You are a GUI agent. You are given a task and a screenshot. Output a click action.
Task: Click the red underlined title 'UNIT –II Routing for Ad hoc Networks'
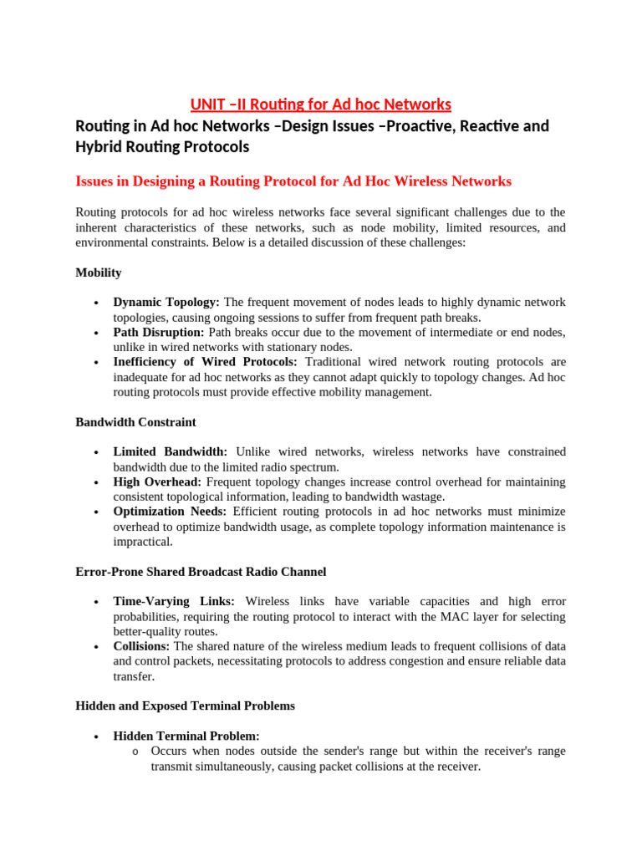click(x=320, y=104)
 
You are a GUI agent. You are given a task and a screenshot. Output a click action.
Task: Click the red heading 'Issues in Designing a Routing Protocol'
click(x=293, y=181)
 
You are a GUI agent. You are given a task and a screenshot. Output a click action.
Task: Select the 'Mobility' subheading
click(x=99, y=273)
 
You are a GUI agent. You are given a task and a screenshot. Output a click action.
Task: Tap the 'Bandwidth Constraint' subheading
click(x=135, y=422)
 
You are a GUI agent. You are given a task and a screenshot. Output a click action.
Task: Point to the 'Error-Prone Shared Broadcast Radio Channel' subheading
click(x=201, y=572)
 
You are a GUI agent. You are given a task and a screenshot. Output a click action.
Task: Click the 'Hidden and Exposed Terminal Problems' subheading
click(x=185, y=706)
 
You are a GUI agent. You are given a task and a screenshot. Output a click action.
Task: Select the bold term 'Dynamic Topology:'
click(x=166, y=302)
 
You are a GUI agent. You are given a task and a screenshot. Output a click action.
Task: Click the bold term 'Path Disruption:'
click(x=159, y=332)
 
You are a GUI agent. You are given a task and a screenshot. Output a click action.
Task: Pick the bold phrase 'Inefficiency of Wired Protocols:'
click(x=205, y=362)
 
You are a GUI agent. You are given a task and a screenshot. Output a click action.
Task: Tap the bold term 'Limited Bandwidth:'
click(x=170, y=451)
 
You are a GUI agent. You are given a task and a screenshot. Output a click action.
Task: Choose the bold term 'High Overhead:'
click(x=158, y=481)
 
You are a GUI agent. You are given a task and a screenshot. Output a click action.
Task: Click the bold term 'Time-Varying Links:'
click(x=174, y=601)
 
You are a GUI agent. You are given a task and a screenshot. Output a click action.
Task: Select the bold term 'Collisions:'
click(x=141, y=646)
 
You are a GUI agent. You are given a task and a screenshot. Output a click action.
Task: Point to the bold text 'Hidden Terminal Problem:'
click(x=186, y=736)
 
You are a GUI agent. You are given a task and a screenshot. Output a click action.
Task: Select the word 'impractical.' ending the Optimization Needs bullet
click(x=143, y=542)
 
